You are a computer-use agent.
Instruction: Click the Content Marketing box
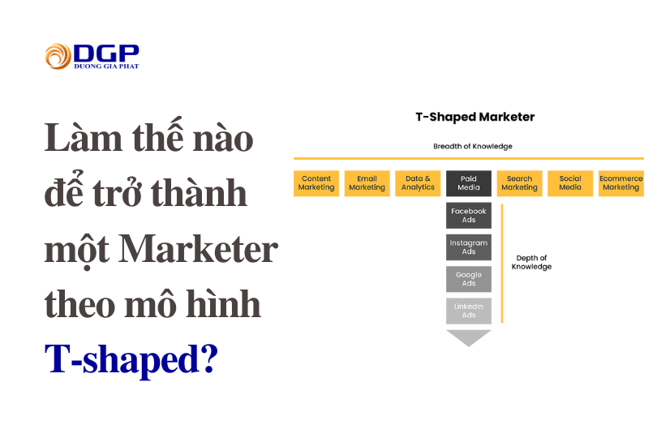click(316, 183)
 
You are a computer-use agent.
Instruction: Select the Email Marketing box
click(367, 183)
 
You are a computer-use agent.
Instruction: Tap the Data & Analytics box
click(418, 183)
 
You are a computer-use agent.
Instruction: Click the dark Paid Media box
click(469, 183)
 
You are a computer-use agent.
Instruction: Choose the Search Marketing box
click(519, 183)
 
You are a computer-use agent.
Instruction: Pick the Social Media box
click(570, 183)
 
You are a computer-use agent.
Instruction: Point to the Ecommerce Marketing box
click(620, 183)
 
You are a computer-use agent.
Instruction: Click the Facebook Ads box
click(469, 215)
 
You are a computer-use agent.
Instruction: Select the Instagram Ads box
click(469, 247)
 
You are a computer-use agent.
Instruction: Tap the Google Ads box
click(469, 279)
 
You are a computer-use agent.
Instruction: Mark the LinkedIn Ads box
click(469, 311)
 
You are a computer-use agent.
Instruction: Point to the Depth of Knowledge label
click(531, 262)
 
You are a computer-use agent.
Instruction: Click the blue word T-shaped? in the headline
click(131, 359)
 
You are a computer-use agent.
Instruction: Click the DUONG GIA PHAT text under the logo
click(105, 66)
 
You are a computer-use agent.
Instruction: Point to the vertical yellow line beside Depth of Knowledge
click(502, 264)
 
